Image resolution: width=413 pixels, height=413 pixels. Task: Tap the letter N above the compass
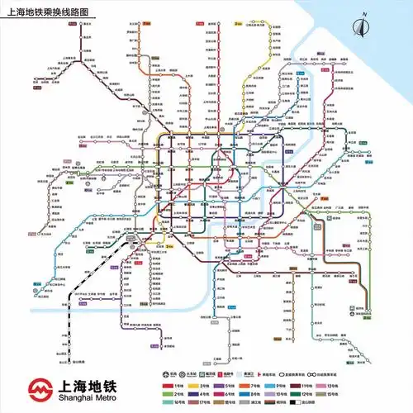pos(362,16)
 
